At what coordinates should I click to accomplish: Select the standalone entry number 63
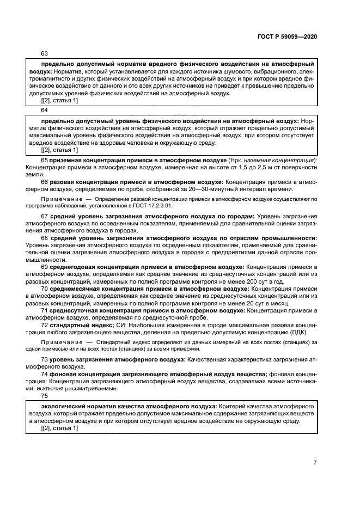45,53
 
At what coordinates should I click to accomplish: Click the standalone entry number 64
45,109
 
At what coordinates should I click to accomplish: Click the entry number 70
45,290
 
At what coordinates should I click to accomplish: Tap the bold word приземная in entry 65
66,161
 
